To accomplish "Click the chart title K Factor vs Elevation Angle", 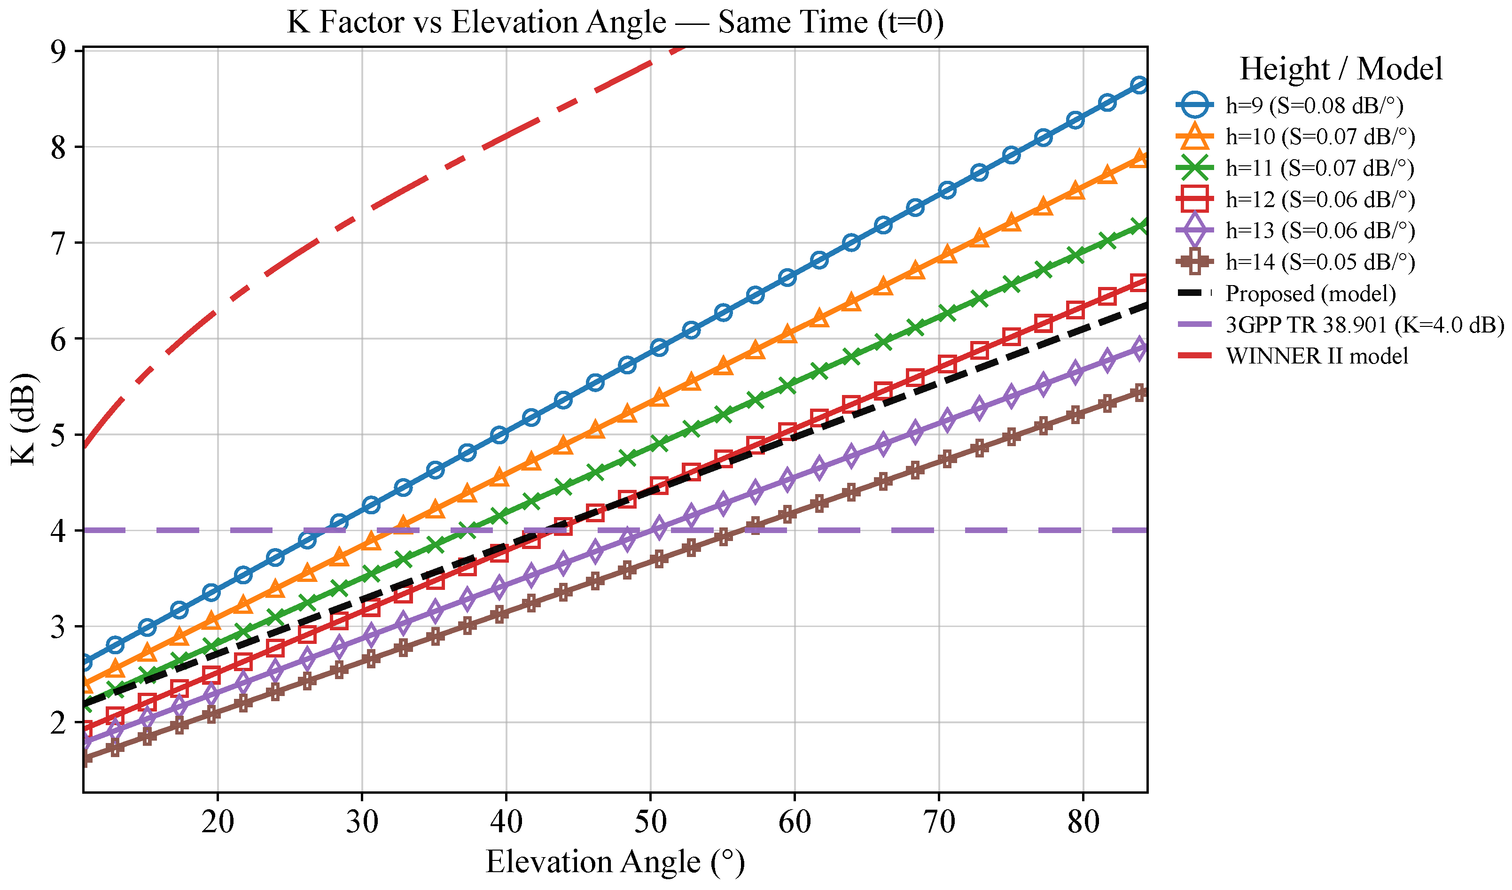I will [x=615, y=23].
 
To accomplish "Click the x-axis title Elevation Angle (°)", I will [x=615, y=862].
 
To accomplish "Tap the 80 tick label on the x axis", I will [x=1083, y=821].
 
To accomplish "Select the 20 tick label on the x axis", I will [x=218, y=821].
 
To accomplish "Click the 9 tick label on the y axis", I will [x=58, y=52].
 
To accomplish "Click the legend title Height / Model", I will [x=1341, y=69].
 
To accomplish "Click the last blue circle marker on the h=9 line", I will [x=1139, y=85].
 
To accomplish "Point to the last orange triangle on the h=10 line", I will [x=1139, y=158].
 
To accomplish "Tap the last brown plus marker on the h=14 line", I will [x=1139, y=393].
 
